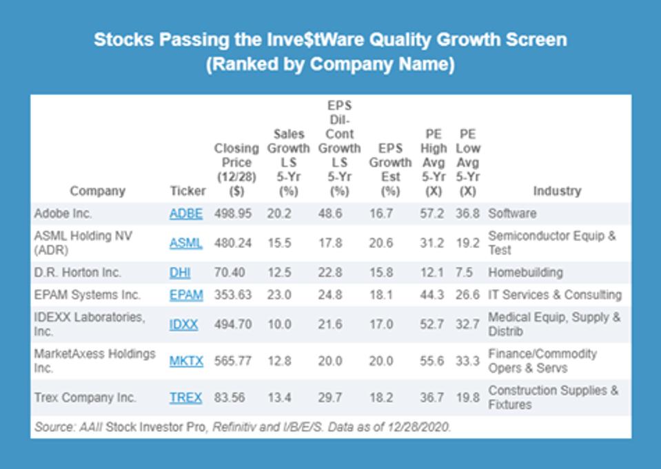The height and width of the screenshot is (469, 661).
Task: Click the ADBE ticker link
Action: coord(186,213)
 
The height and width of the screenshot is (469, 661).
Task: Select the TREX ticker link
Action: coord(186,397)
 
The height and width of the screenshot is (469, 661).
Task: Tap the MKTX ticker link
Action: coord(186,360)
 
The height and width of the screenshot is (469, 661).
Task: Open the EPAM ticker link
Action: coord(186,295)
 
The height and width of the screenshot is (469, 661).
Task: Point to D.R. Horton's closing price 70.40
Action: coord(230,272)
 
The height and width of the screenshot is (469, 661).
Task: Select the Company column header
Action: coord(98,191)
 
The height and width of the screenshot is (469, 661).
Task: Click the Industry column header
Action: coord(556,191)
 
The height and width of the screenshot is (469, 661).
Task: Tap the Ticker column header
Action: coord(187,191)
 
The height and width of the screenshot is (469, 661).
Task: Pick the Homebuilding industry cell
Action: coord(525,272)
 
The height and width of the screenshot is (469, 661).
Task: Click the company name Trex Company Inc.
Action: coord(85,397)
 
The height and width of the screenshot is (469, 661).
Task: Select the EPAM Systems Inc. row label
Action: coord(88,295)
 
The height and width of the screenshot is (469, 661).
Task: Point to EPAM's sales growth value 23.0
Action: coord(279,295)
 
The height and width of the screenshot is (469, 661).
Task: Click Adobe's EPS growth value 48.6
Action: coord(329,213)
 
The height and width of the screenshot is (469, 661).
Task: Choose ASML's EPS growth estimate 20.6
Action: coord(380,242)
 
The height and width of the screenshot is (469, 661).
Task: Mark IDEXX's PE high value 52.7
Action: coord(432,324)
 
